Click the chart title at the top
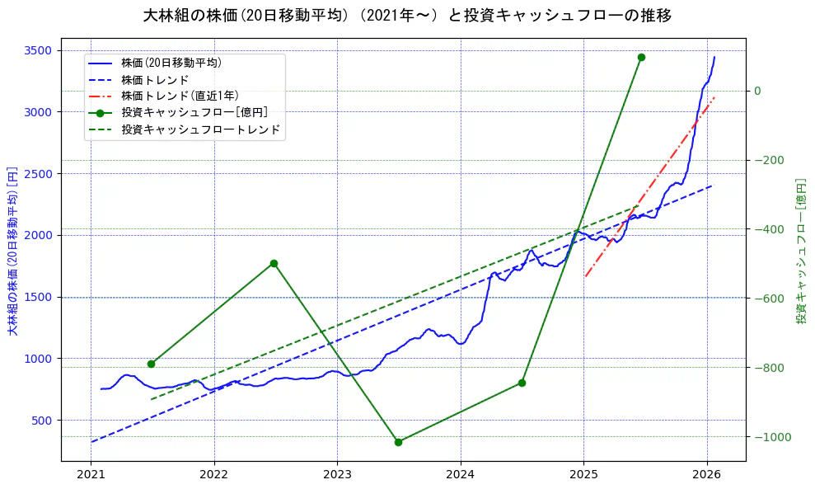(x=407, y=16)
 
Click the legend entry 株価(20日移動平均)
(x=171, y=63)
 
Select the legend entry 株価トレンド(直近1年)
(x=180, y=96)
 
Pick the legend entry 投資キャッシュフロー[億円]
(x=194, y=113)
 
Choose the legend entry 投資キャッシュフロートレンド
(x=200, y=129)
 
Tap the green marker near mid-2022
(x=274, y=263)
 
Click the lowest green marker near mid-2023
(x=398, y=442)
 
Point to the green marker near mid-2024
(x=522, y=383)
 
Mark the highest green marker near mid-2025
(x=641, y=57)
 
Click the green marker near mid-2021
(x=151, y=364)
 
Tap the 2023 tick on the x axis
(x=337, y=475)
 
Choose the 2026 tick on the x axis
(x=707, y=475)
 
